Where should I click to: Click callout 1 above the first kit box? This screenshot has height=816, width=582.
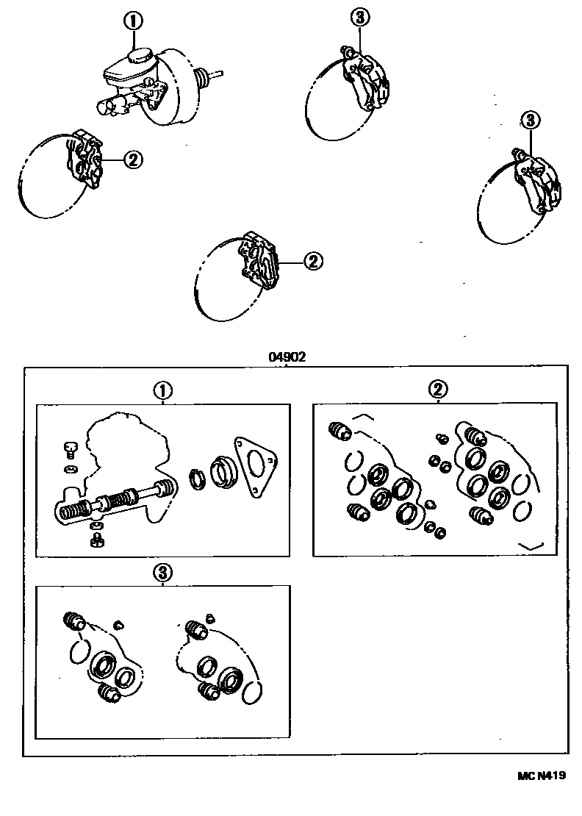tap(162, 390)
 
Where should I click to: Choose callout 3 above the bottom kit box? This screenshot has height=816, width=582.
tap(162, 571)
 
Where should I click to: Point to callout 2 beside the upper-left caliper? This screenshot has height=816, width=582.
tap(133, 159)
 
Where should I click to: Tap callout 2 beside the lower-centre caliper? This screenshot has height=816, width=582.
tap(313, 260)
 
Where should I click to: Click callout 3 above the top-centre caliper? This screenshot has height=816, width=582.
tap(359, 17)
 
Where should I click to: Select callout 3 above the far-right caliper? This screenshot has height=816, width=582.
tap(530, 119)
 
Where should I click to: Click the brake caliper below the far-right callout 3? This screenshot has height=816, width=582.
tap(539, 182)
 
